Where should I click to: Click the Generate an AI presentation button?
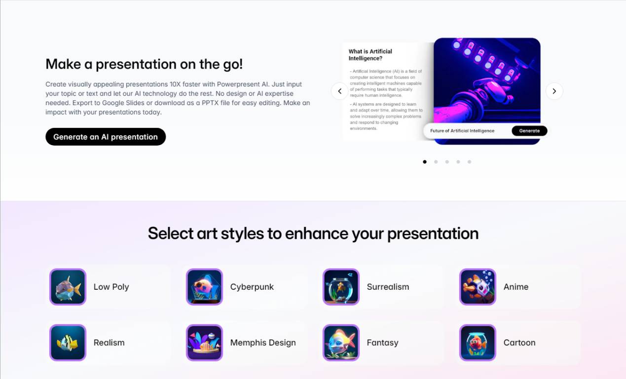pos(106,137)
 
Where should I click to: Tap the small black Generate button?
pos(529,131)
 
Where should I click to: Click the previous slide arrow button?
pos(339,91)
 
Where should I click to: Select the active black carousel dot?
pos(425,162)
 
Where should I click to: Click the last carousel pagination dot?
pos(470,162)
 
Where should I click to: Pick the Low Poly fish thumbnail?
pos(68,287)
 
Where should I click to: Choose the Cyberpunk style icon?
pos(204,287)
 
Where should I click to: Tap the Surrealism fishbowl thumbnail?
pos(341,287)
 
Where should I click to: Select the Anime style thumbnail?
pos(478,287)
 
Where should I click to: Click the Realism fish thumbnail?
pos(68,342)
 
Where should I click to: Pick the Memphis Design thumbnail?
pos(204,342)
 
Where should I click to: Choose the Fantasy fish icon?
pos(341,342)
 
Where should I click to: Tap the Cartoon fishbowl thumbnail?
pos(478,342)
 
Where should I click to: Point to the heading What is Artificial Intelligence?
pos(370,55)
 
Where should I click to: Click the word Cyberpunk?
pos(252,287)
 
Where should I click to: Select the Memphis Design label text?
pos(263,342)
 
